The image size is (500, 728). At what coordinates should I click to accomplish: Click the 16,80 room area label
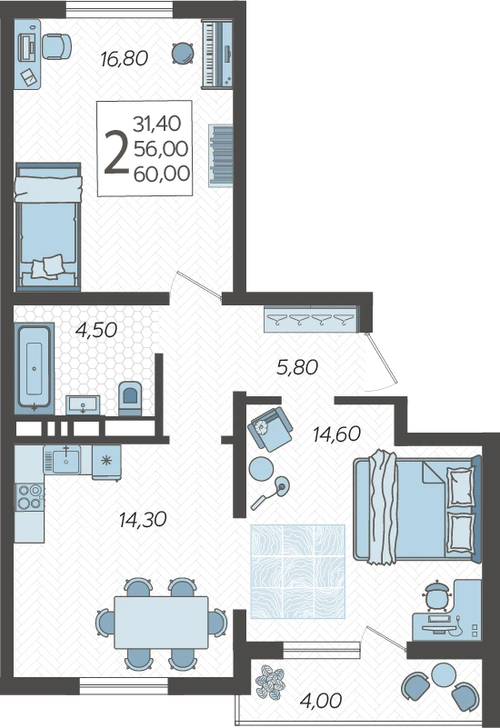(x=124, y=59)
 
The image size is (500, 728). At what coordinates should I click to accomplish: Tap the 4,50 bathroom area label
(x=96, y=330)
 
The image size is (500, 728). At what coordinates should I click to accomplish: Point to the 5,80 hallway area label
(x=297, y=367)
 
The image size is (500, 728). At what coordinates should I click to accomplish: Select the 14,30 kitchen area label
(x=143, y=520)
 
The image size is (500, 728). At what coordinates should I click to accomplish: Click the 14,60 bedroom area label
(x=336, y=434)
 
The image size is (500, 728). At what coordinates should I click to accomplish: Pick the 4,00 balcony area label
(x=321, y=700)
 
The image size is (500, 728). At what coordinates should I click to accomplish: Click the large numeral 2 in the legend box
(x=116, y=152)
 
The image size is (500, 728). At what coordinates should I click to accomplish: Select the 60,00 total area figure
(x=162, y=174)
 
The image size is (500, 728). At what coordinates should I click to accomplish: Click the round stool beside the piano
(x=183, y=54)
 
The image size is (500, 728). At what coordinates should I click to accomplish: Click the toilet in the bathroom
(x=130, y=397)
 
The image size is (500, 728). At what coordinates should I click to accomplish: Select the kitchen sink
(x=65, y=459)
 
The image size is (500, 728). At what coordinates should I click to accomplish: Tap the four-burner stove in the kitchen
(x=29, y=497)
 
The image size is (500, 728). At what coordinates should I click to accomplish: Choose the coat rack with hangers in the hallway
(x=311, y=319)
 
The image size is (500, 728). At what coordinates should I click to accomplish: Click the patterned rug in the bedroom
(x=298, y=572)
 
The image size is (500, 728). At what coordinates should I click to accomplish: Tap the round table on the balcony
(x=444, y=674)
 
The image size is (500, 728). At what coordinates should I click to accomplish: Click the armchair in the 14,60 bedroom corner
(x=270, y=429)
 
